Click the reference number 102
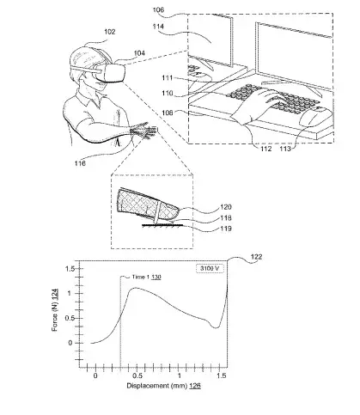pos(109,32)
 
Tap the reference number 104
pos(139,53)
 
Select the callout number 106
pos(158,10)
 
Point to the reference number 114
pos(158,27)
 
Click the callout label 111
pos(168,77)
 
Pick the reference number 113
pos(285,149)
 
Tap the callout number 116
pos(80,163)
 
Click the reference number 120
pos(226,207)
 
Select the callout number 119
pos(226,229)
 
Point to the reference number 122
pos(256,257)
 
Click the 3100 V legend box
pos(210,269)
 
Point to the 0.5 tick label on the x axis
pos(137,375)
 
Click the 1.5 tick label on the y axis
pos(70,269)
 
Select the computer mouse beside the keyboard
pos(316,116)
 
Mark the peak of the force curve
pos(136,288)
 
